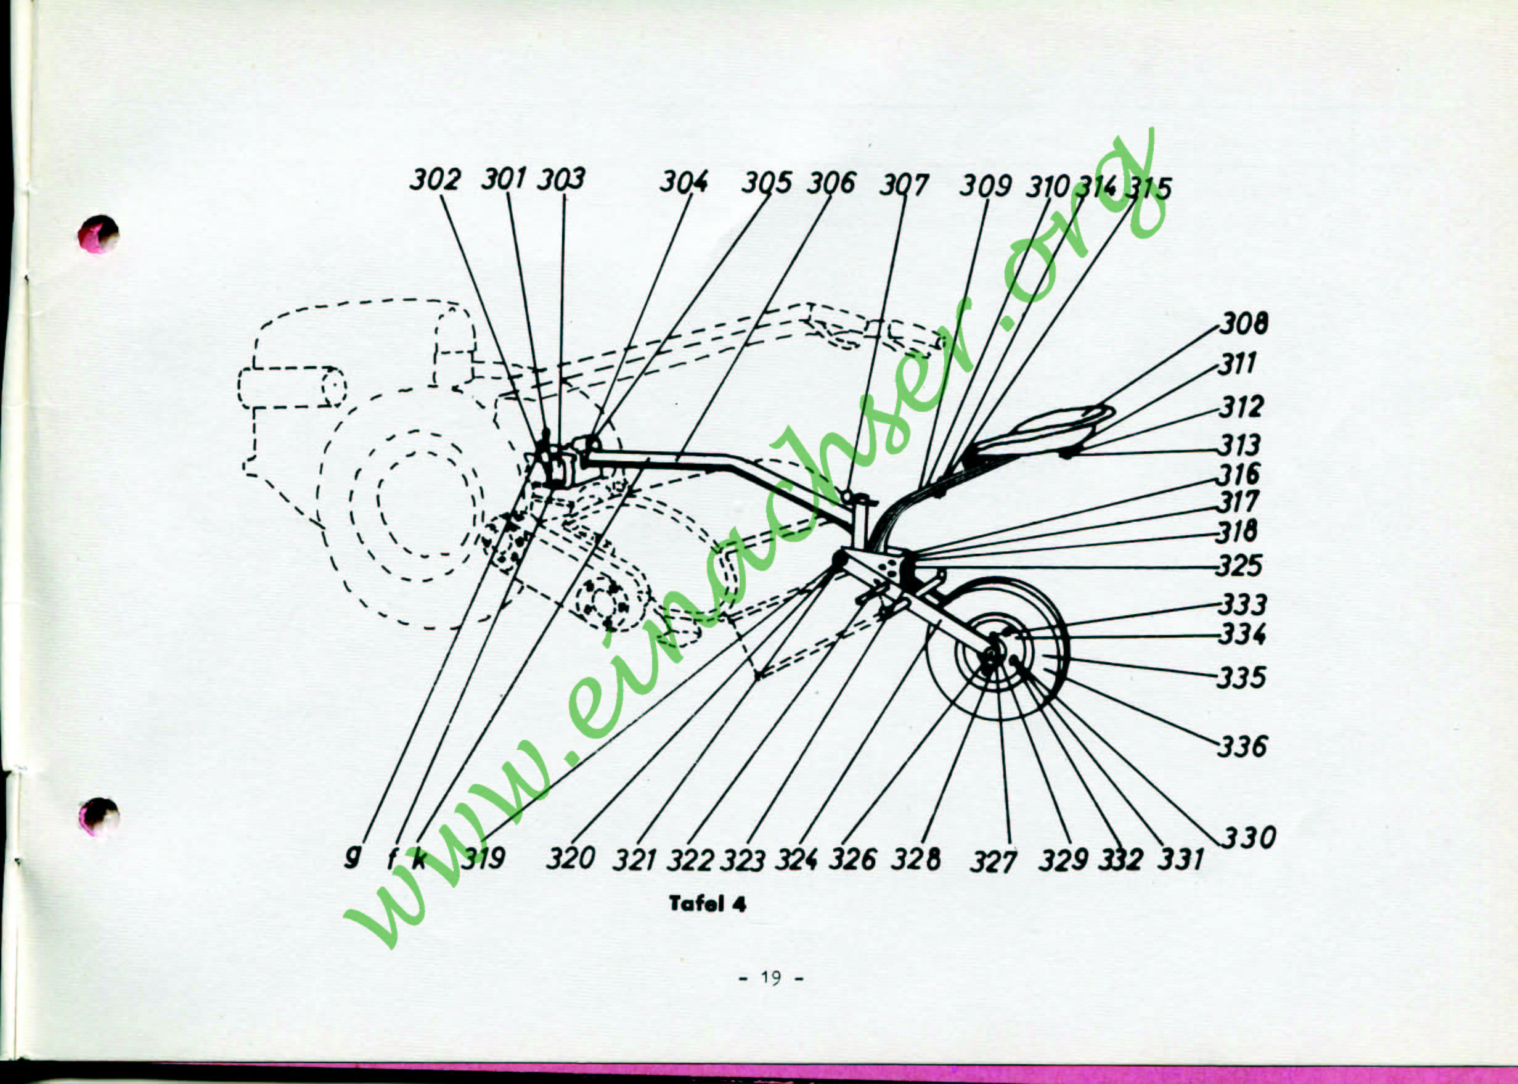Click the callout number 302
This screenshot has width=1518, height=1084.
click(435, 179)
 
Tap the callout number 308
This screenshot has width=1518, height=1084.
click(1244, 324)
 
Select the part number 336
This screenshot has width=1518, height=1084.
click(1242, 746)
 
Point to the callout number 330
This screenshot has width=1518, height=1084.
click(1249, 837)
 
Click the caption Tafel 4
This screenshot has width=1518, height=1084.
click(708, 904)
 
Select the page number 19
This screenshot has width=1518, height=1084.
click(770, 978)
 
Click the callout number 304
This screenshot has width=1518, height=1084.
click(684, 181)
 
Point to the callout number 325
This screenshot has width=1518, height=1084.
click(1239, 566)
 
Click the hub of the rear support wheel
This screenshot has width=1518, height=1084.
click(992, 653)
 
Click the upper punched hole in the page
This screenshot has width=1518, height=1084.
click(98, 234)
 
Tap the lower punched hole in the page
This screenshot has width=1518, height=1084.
click(99, 816)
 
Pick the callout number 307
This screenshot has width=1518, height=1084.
click(903, 185)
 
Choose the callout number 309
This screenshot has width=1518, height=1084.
click(985, 186)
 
